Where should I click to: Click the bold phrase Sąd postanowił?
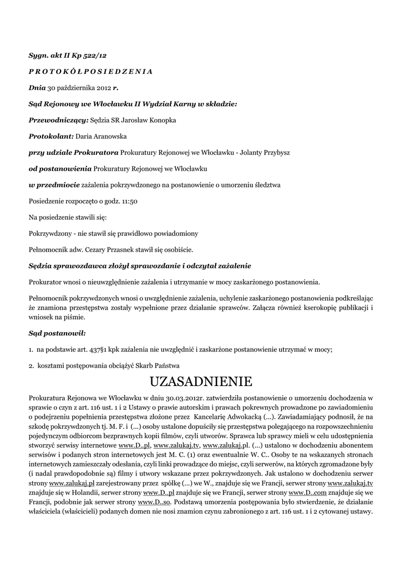pos(57,333)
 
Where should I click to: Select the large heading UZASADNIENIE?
pos(201,382)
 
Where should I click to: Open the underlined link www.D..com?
pos(307,493)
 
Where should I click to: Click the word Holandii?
pos(80,493)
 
